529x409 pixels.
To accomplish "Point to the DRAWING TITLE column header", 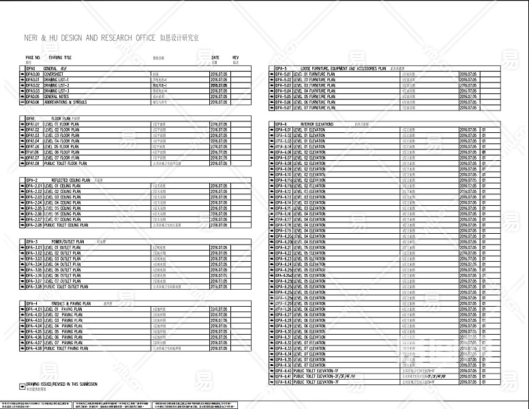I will pyautogui.click(x=60, y=58).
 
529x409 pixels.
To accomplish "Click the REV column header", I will pyautogui.click(x=236, y=58).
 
